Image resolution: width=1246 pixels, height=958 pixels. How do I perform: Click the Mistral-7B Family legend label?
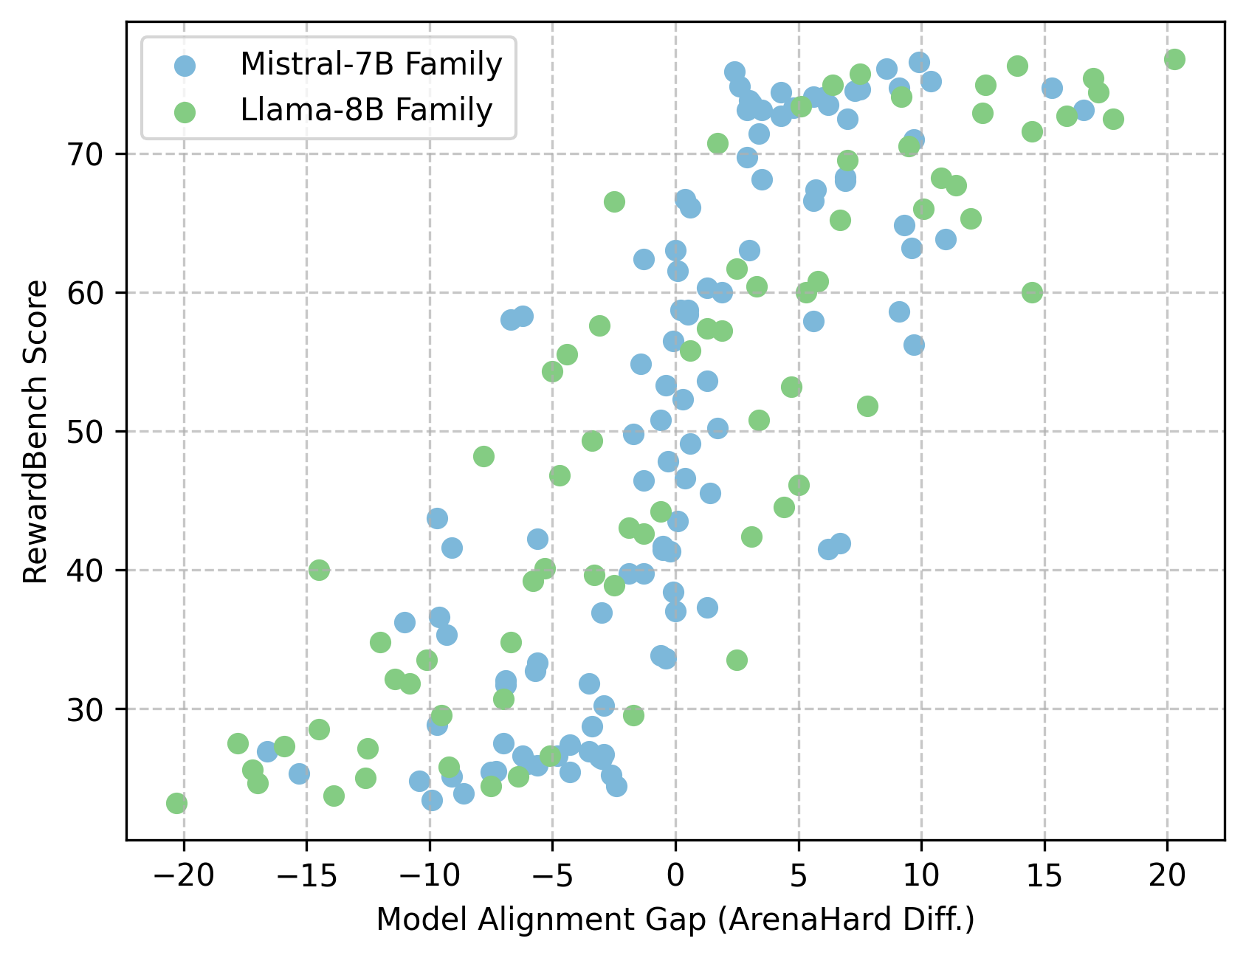[371, 65]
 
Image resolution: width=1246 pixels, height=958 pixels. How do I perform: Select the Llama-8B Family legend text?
[366, 111]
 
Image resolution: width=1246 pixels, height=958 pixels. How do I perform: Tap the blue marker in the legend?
[185, 66]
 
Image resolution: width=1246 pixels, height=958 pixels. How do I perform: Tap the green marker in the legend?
[185, 111]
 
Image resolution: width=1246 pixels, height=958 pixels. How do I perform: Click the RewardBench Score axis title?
[35, 432]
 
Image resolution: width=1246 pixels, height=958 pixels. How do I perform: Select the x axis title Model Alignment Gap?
[675, 920]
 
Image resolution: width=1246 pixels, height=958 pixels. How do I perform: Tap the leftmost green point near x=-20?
[176, 803]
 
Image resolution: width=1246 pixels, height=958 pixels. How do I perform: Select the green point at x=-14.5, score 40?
[319, 570]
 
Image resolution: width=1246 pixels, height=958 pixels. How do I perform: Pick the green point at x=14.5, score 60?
[1032, 292]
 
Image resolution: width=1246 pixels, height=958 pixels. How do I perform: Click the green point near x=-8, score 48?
[483, 456]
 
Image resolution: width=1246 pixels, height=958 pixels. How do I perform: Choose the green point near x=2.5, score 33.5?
[737, 660]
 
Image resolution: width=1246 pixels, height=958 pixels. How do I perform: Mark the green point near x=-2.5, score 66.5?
[614, 201]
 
